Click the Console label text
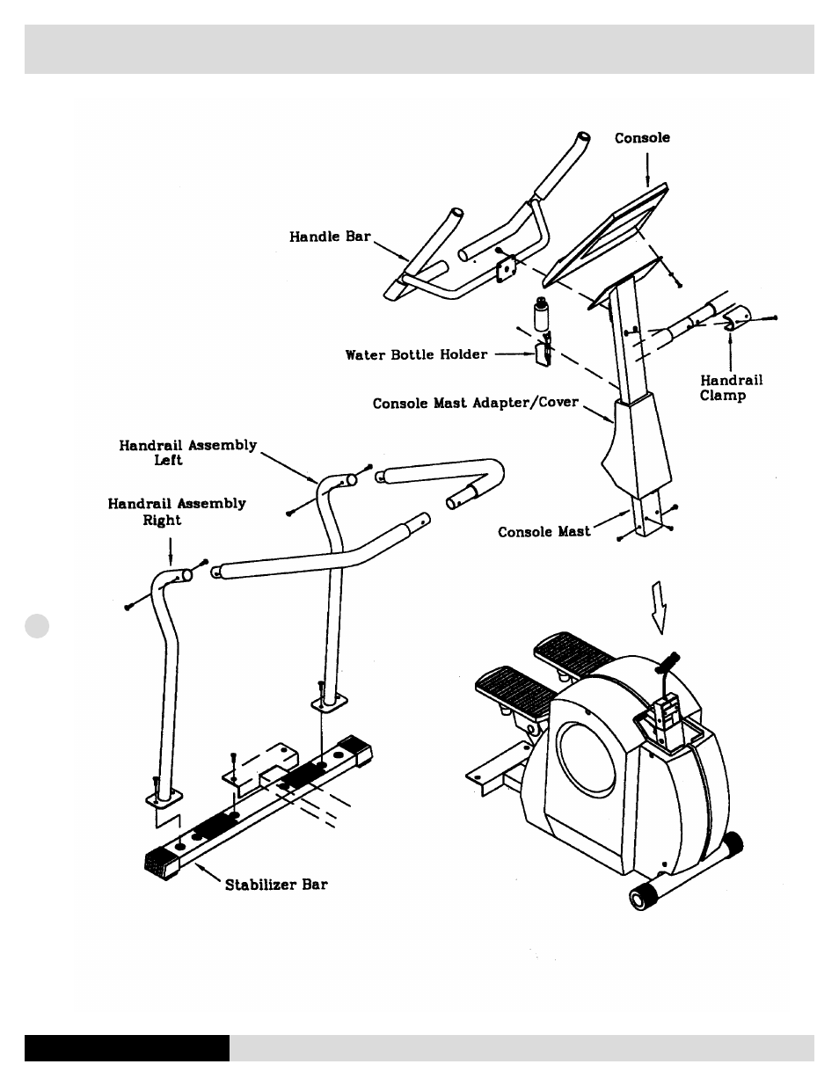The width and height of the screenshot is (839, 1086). [642, 138]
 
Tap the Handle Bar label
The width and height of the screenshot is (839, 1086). [330, 237]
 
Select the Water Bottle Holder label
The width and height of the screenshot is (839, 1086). [416, 354]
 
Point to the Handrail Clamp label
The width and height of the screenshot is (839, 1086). [731, 388]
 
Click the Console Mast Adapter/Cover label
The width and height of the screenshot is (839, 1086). [475, 403]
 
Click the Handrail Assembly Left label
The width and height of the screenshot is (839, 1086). [188, 452]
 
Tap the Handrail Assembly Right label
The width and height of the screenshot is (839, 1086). [177, 511]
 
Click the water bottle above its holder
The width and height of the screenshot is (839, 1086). [541, 314]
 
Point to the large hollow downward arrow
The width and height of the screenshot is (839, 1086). [660, 608]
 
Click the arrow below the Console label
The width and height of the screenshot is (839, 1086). [647, 170]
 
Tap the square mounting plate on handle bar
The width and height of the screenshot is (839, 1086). [507, 269]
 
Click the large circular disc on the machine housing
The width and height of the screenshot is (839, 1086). [587, 759]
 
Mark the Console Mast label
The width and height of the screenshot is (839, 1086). [544, 531]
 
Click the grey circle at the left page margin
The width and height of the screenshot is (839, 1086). [37, 626]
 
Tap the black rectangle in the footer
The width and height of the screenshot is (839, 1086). [127, 1048]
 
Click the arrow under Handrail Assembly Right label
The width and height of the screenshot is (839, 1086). [171, 551]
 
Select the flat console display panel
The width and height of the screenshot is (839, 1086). [606, 236]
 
